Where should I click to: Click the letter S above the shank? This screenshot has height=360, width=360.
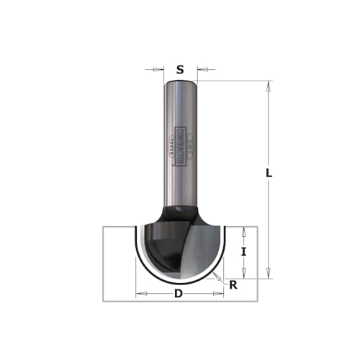180,70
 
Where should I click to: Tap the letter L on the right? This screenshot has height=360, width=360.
268,174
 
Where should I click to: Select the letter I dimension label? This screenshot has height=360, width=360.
244,252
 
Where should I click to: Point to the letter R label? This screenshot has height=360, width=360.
233,285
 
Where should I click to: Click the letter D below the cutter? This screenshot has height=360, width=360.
178,294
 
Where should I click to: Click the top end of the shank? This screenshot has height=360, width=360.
180,81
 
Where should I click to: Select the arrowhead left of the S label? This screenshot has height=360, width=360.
160,70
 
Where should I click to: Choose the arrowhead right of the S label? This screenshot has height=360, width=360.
201,70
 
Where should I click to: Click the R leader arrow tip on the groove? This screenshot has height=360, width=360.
216,274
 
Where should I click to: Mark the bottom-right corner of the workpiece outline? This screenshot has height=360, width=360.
256,301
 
